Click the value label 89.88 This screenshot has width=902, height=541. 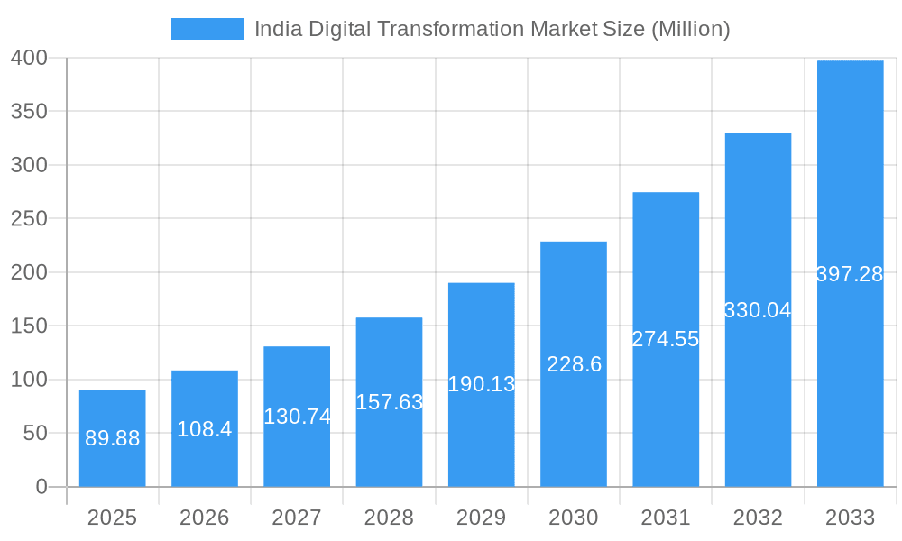point(112,438)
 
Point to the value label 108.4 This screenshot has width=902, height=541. point(205,429)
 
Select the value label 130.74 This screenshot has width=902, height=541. point(297,417)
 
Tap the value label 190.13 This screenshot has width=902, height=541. point(482,384)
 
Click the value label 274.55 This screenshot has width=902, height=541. point(666,339)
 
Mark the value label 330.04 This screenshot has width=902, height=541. point(758,310)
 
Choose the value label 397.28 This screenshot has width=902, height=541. point(850,274)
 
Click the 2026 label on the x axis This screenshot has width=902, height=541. point(205,518)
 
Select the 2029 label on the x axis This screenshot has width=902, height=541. point(482,518)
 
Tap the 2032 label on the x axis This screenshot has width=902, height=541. point(758,518)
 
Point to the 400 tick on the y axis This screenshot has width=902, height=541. point(29,59)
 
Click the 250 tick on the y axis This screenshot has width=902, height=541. point(29,219)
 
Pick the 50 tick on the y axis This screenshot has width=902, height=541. point(34,434)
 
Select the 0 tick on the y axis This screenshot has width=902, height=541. point(41,487)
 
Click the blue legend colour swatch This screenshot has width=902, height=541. point(207,29)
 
